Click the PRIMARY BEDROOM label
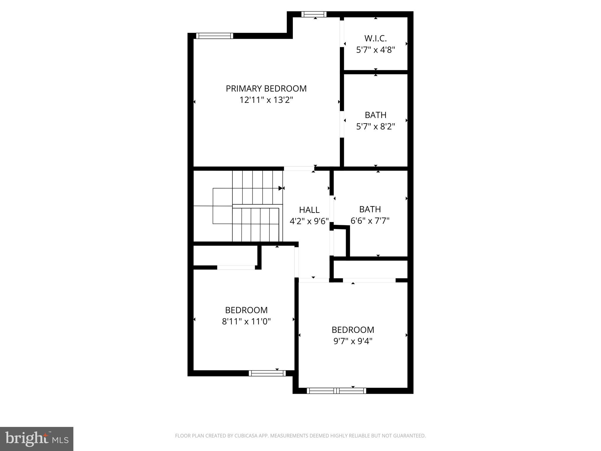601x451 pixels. [266, 89]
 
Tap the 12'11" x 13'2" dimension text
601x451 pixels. [266, 100]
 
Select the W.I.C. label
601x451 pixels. [375, 38]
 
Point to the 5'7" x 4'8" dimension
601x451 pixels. [375, 50]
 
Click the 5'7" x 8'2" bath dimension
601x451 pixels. [375, 127]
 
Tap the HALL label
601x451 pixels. [309, 210]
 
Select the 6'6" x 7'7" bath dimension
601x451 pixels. [370, 221]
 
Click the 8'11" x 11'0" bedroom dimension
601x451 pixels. [246, 322]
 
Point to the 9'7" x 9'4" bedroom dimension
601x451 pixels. [353, 341]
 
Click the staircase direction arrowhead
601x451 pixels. [281, 188]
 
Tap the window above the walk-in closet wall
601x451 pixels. [314, 14]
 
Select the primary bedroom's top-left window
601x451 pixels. [215, 36]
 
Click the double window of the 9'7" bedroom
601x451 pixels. [336, 391]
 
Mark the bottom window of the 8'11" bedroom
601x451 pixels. [267, 373]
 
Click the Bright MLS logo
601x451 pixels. [36, 439]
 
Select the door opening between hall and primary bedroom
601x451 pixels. [299, 169]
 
